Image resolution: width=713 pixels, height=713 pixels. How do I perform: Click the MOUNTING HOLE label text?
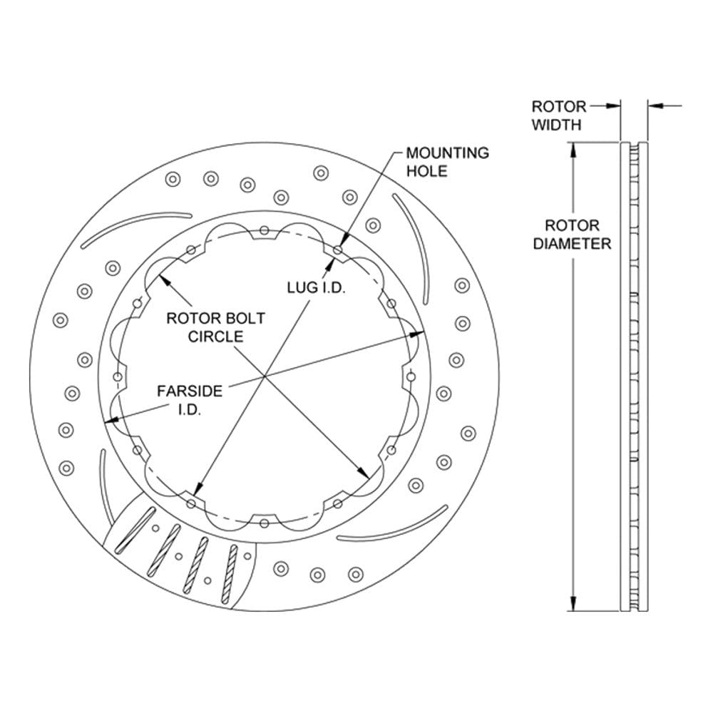tap(448, 162)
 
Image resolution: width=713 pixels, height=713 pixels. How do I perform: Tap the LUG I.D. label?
tap(317, 287)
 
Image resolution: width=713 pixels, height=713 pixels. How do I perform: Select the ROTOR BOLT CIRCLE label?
tap(215, 327)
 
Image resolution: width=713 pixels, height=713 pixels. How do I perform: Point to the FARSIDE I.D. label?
tap(190, 400)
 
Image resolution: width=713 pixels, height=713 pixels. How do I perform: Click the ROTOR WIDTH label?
tap(559, 116)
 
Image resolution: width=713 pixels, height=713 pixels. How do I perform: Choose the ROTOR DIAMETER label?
tap(572, 235)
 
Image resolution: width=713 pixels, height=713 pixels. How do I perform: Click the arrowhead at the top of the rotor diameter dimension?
tap(573, 150)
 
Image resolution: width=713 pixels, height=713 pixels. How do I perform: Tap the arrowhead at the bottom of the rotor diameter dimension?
tap(573, 603)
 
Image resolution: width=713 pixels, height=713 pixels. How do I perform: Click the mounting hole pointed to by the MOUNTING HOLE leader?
tap(338, 250)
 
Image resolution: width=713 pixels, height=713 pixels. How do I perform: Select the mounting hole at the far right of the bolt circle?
tap(411, 376)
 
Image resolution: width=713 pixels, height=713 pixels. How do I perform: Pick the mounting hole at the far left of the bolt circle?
tap(118, 377)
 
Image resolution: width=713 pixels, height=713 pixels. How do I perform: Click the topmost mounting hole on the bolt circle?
tap(265, 230)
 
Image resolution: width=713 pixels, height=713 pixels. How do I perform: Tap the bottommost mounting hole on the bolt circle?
tap(265, 523)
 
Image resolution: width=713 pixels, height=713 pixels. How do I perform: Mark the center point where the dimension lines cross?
tap(265, 376)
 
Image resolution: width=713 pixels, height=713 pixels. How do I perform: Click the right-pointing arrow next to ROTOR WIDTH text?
tap(605, 106)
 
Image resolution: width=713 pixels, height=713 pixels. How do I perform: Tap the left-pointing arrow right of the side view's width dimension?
tap(665, 106)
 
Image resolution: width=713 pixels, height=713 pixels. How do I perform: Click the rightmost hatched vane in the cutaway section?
tap(230, 574)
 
